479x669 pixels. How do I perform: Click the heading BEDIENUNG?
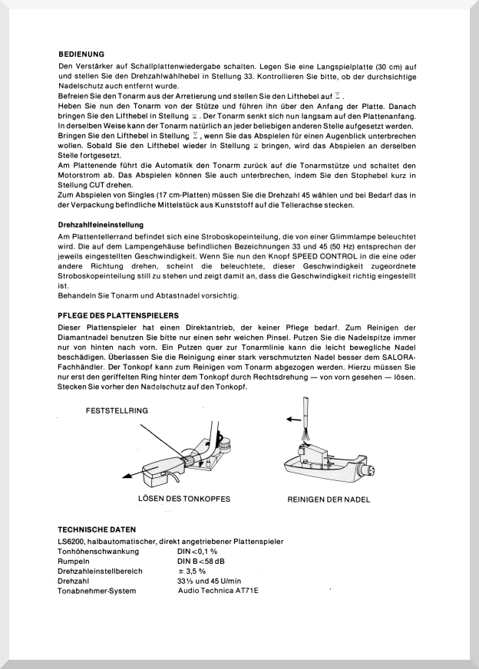click(81, 54)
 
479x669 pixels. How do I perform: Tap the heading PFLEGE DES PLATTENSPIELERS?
click(118, 315)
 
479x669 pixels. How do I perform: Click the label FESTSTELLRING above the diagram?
click(117, 411)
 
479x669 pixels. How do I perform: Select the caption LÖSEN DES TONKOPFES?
click(183, 499)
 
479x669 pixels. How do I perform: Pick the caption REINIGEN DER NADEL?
click(329, 499)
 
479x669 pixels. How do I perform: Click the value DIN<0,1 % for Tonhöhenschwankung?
click(197, 552)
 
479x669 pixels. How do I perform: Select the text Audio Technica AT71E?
click(218, 591)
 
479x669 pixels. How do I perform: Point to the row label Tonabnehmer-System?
click(97, 591)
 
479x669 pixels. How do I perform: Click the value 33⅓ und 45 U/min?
click(209, 581)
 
